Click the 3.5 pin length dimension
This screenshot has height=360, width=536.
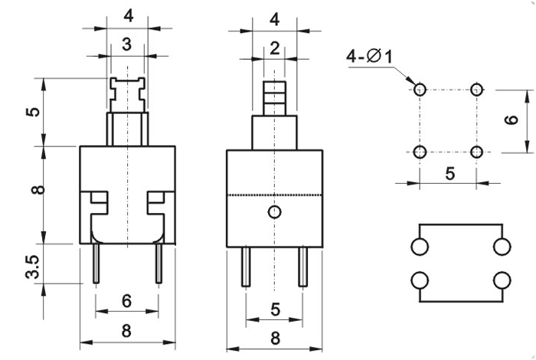point(34,267)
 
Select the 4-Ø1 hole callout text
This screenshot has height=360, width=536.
point(370,56)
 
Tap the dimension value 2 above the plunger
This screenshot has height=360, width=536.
point(275,48)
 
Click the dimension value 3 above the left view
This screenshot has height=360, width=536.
point(127,44)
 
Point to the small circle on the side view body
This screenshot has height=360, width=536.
point(274,212)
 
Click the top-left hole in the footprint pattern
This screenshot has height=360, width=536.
point(420,90)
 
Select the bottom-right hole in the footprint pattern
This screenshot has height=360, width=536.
point(476,152)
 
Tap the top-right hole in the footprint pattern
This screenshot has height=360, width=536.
point(476,90)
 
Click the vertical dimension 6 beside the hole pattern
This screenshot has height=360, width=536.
point(511,119)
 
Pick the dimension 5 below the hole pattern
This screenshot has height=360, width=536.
point(450,174)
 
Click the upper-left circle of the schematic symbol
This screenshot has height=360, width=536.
point(420,247)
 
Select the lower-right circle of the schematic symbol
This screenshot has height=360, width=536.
point(502,280)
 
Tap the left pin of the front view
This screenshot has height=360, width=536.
point(96,263)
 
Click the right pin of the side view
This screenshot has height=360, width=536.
point(302,267)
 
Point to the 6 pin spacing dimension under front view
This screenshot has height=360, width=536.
point(127,301)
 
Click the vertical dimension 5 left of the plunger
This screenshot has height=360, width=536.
point(34,112)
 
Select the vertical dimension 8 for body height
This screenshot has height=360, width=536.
point(39,190)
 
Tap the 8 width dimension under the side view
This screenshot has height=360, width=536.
point(275,338)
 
